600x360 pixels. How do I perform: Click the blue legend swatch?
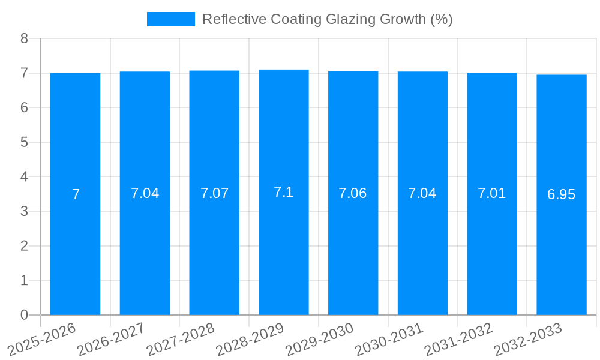coord(171,19)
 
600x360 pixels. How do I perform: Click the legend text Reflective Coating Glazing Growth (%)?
coord(327,19)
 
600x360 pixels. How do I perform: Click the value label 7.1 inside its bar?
coord(284,192)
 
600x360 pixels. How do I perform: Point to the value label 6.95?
coord(562,194)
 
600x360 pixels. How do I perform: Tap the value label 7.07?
coord(214,193)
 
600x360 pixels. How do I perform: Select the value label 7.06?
coord(353,193)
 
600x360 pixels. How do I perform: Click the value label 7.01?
coord(492,193)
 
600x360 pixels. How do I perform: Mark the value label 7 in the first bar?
coord(76,194)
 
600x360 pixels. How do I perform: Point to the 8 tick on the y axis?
coord(24,38)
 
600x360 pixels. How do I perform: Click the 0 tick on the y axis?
coord(24,315)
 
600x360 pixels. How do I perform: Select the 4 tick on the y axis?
coord(24,177)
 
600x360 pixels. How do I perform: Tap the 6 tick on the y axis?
coord(24,108)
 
